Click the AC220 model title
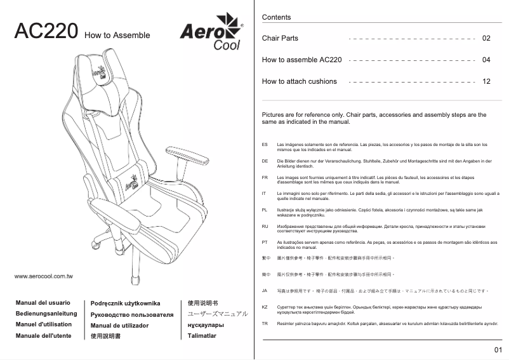(x=46, y=32)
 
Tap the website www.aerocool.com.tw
(x=43, y=277)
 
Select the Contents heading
(x=276, y=17)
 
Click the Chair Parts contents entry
(x=280, y=38)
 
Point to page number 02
(x=486, y=38)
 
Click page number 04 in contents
(x=486, y=60)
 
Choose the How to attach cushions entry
(x=299, y=81)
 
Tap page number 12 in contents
(x=486, y=81)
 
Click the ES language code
(x=265, y=145)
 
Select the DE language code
(x=265, y=161)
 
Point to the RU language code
(x=265, y=226)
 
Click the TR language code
(x=265, y=324)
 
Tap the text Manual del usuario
(x=43, y=303)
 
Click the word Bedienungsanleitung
(x=46, y=314)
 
